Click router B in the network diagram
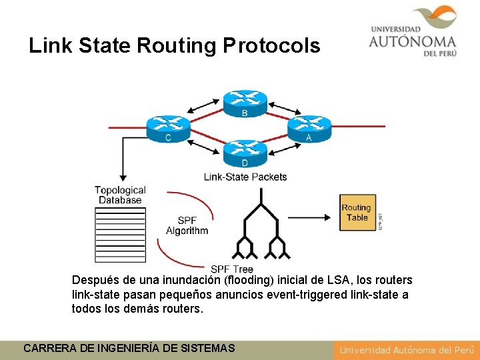pos(245,101)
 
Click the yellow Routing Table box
pos(357,213)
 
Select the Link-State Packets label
pos(245,177)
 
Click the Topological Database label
pos(120,195)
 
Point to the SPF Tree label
pos(231,269)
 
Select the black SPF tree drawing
pos(260,227)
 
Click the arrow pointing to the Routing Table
pos(309,216)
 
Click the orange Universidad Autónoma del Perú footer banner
pos(406,350)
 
